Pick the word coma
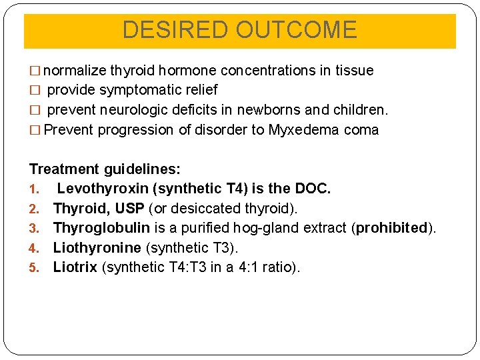click(361, 129)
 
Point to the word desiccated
click(214, 209)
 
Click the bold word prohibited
click(391, 228)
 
